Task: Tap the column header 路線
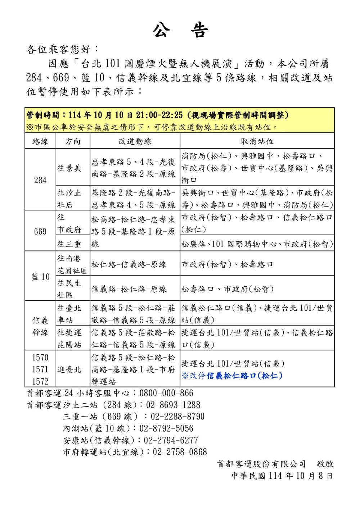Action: (x=40, y=141)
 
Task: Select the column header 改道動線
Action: (x=135, y=141)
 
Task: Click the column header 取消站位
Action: (x=257, y=141)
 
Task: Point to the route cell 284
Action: (x=40, y=180)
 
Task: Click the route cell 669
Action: (x=40, y=231)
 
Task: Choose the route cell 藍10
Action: (x=40, y=277)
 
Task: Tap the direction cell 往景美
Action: (x=69, y=168)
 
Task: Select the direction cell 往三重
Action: (x=69, y=244)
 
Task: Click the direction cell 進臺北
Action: (x=69, y=369)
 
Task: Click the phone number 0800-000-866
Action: (x=166, y=393)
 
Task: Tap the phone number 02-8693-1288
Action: (x=173, y=405)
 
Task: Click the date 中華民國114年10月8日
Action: (x=282, y=476)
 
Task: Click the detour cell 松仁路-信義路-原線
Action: (x=129, y=265)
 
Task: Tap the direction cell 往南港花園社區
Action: (x=72, y=264)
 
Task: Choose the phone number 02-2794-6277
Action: (x=171, y=440)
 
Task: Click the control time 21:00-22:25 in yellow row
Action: (x=159, y=115)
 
